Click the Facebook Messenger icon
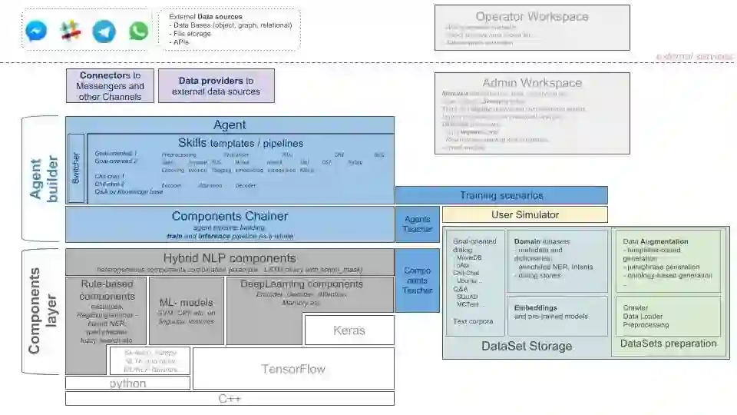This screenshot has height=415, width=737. tap(36, 31)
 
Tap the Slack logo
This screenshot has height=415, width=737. tap(71, 31)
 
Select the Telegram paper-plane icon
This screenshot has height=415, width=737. tap(104, 31)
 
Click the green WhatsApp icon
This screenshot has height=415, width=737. tap(138, 31)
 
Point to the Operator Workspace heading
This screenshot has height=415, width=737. tap(532, 16)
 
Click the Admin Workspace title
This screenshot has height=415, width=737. tap(532, 83)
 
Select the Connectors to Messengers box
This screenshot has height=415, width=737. tap(111, 86)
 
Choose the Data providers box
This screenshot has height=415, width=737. tap(216, 85)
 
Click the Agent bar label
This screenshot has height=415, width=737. tap(230, 125)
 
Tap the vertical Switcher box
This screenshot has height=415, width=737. tap(75, 168)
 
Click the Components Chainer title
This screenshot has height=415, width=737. tap(229, 217)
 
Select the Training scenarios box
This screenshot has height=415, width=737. tap(501, 195)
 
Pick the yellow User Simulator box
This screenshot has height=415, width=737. tap(524, 214)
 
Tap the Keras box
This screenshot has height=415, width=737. tap(349, 330)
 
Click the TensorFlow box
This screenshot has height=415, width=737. tap(293, 369)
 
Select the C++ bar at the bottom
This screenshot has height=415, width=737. tap(230, 399)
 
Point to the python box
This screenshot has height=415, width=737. tap(127, 383)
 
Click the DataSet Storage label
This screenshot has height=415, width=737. tap(527, 347)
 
